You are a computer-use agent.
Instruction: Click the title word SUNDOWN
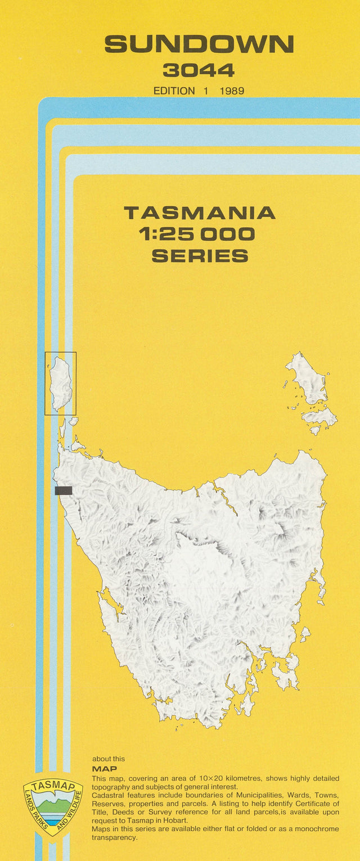pos(199,44)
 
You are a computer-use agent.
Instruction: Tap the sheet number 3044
pos(199,70)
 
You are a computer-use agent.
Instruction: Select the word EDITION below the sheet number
pos(174,91)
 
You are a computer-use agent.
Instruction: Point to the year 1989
pos(232,91)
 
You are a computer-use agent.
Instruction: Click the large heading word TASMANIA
pos(199,213)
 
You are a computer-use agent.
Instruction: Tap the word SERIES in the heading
pos(200,256)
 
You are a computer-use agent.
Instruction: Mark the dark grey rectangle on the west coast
pos(64,490)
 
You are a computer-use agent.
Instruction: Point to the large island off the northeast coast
pos(307,379)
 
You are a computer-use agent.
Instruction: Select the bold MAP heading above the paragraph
pos(104,769)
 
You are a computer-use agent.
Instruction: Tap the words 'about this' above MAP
pos(109,759)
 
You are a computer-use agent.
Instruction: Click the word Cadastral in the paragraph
pos(107,796)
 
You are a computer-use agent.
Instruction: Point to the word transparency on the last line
pos(115,838)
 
